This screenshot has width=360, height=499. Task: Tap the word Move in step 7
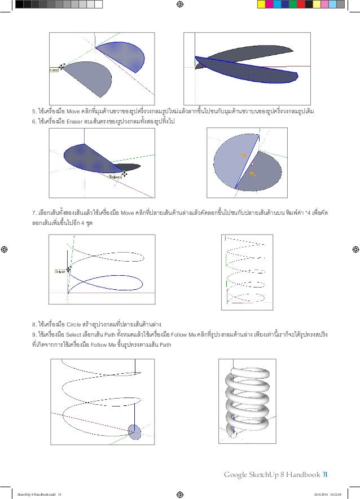pyautogui.click(x=128, y=214)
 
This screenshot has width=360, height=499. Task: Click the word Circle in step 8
pyautogui.click(x=75, y=325)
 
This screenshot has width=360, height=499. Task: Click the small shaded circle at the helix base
pyautogui.click(x=134, y=432)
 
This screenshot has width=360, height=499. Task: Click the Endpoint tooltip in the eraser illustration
pyautogui.click(x=115, y=176)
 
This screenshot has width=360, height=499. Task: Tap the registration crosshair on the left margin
pyautogui.click(x=5, y=249)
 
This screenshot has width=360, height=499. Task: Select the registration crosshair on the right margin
pyautogui.click(x=355, y=249)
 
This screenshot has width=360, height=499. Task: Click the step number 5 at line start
pyautogui.click(x=34, y=111)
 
